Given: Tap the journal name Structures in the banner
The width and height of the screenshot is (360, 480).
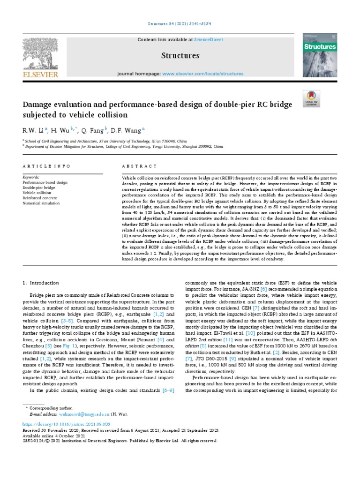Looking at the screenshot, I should [180, 56].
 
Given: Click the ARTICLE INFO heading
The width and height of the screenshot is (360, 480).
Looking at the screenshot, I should [46, 166].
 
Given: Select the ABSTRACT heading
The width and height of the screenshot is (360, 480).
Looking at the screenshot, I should [139, 166].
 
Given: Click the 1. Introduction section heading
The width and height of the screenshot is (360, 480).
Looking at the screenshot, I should [41, 283].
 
